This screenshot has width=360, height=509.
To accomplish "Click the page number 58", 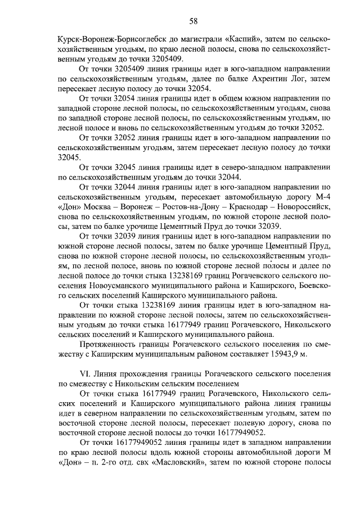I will [x=193, y=21].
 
